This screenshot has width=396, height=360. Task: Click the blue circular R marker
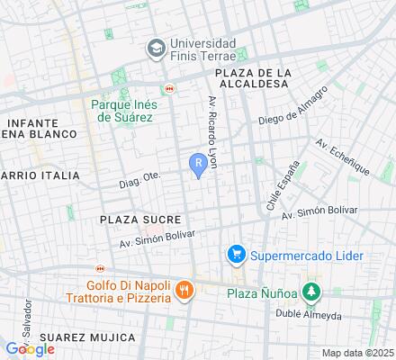click(x=198, y=163)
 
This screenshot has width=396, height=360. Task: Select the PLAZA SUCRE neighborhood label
click(x=140, y=219)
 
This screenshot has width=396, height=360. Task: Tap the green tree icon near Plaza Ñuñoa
click(x=310, y=292)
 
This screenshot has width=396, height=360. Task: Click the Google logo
click(x=31, y=348)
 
